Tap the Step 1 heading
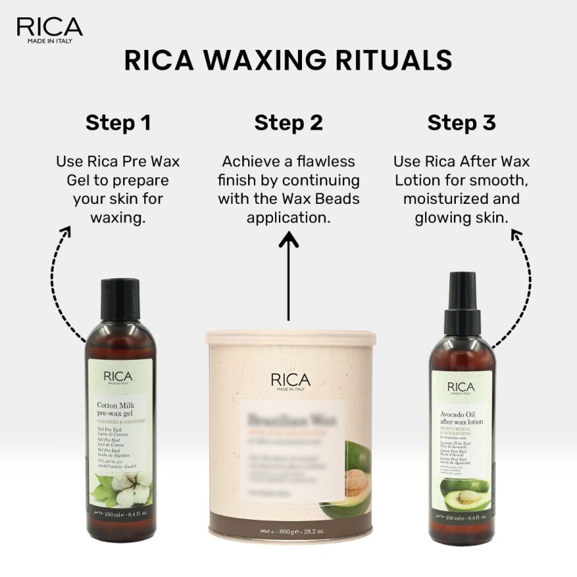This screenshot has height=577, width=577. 118,122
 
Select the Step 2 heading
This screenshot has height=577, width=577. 288,122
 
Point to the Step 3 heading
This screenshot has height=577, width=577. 462,122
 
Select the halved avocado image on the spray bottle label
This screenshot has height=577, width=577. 463,487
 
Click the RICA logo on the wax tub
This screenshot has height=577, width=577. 290,381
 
